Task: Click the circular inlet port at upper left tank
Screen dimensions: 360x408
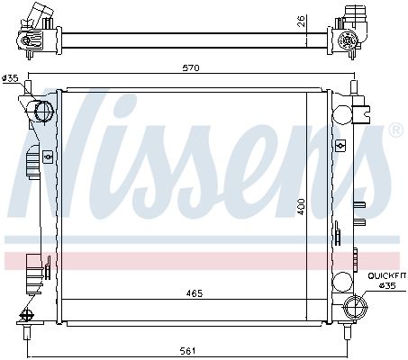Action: [41, 111]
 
